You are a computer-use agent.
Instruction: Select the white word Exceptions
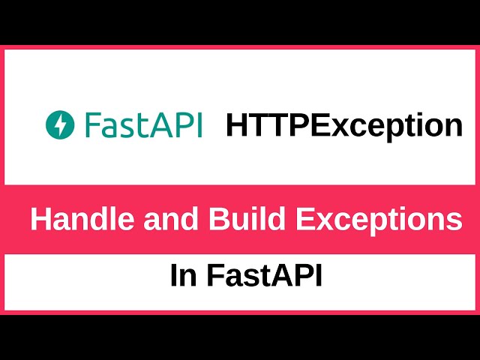pyautogui.click(x=378, y=220)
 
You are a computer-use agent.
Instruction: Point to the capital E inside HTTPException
pyautogui.click(x=323, y=125)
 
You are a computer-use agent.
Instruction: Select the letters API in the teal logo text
pyautogui.click(x=177, y=124)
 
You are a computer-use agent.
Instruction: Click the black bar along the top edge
pyautogui.click(x=240, y=21)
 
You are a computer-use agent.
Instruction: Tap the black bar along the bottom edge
pyautogui.click(x=240, y=337)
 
